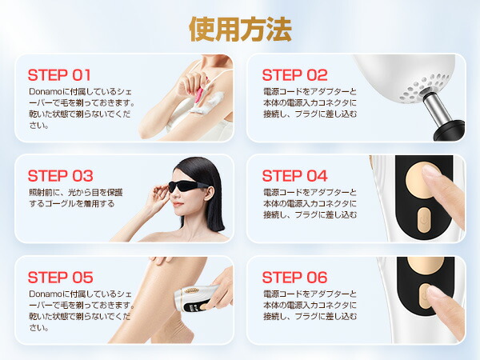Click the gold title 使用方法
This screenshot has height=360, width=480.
240,29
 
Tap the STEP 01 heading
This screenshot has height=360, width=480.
59,75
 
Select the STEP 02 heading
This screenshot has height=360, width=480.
294,75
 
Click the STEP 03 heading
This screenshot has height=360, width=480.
60,176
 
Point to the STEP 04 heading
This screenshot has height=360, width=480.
294,176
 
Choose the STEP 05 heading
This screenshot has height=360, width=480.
60,278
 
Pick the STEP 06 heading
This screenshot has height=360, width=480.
294,278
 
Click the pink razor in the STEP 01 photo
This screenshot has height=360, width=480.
200,95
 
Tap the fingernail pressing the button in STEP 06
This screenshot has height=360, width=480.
435,291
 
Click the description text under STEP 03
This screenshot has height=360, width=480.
76,198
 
